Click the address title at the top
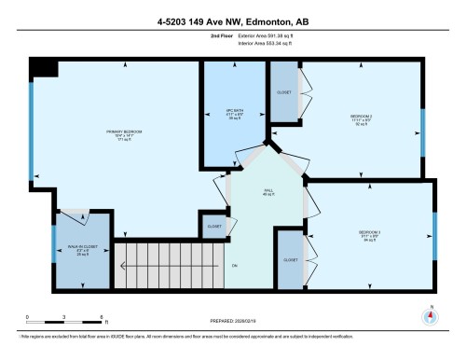[x=233, y=20]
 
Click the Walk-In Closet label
[x=80, y=247]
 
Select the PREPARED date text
[x=232, y=322]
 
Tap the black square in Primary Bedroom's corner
[x=43, y=70]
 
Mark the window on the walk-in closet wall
[x=53, y=251]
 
